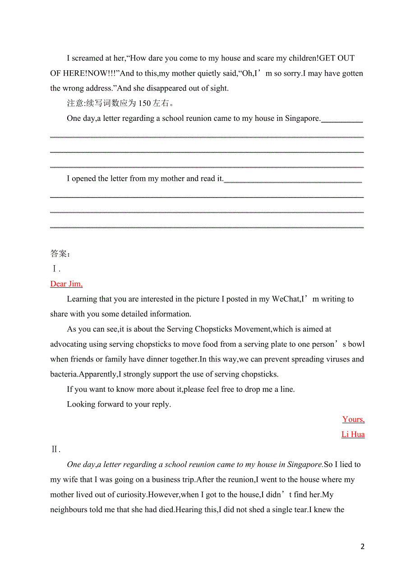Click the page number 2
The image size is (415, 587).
[x=362, y=546]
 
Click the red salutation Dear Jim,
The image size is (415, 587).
[x=66, y=284]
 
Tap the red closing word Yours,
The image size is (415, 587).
[x=353, y=419]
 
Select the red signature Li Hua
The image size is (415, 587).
[x=353, y=434]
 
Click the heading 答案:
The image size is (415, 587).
[x=60, y=253]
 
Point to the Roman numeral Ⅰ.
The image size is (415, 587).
[x=55, y=269]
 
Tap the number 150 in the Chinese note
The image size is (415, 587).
[x=144, y=103]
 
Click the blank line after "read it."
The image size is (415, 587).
[x=293, y=181]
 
